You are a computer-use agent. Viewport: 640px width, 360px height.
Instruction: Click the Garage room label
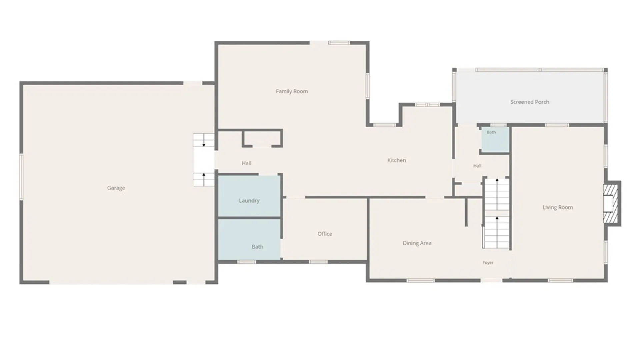[116, 188]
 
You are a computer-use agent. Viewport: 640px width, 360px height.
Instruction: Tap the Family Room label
[292, 91]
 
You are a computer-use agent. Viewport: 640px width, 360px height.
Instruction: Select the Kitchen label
[397, 160]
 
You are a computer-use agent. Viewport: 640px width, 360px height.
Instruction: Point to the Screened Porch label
[530, 102]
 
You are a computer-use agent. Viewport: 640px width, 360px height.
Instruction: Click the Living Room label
[557, 207]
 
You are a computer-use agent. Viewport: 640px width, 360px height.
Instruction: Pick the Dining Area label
[417, 243]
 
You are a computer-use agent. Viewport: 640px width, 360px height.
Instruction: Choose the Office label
[325, 234]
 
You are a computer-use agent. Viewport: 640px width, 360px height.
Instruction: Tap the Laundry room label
[249, 201]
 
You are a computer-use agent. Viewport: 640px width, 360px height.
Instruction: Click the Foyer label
[488, 263]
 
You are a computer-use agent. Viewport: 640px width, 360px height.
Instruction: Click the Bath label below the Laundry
[257, 247]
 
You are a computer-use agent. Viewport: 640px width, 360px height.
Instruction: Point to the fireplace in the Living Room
[612, 203]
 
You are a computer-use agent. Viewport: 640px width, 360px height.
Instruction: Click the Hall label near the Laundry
[246, 163]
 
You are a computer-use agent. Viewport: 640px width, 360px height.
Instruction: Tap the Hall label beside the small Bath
[477, 166]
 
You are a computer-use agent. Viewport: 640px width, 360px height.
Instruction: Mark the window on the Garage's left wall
[21, 177]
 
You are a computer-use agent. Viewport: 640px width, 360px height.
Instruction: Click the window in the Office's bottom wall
[318, 262]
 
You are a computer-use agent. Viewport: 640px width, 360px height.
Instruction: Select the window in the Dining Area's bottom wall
[421, 281]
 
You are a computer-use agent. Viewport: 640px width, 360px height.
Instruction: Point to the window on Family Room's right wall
[368, 86]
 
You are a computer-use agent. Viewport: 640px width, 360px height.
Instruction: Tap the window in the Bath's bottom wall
[246, 262]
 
